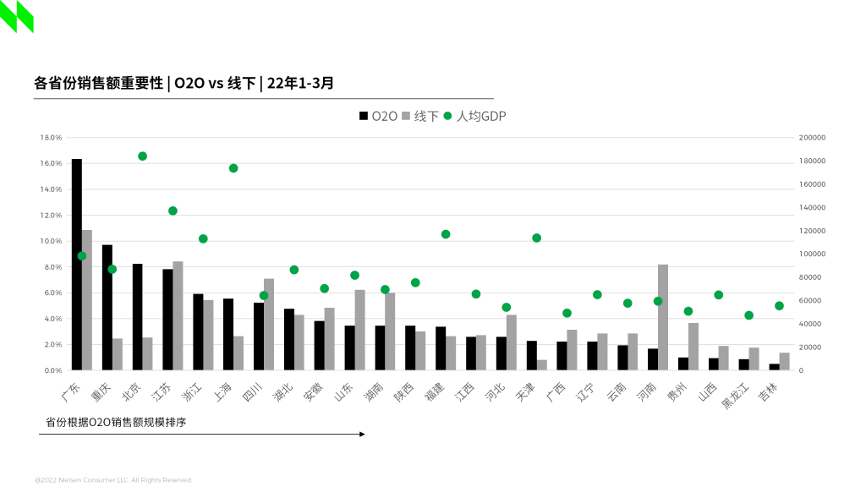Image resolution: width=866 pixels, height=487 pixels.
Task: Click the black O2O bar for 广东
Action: tap(76, 264)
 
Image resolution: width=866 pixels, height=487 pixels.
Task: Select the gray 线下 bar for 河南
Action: tap(663, 317)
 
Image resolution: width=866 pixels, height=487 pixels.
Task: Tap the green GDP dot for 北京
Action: tap(142, 156)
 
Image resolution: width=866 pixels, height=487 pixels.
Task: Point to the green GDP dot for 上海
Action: tap(233, 168)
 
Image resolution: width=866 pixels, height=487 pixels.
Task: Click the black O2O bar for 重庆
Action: tap(107, 307)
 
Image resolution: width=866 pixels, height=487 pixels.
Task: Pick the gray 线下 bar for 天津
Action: tap(541, 364)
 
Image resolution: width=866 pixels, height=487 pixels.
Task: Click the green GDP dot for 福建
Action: tap(446, 234)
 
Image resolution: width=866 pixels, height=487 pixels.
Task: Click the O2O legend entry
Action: tap(379, 116)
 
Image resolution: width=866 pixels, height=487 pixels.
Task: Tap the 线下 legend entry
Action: tap(420, 116)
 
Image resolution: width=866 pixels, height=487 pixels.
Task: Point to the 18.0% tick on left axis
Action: tap(52, 137)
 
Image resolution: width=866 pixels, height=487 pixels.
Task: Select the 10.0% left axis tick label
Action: tap(52, 241)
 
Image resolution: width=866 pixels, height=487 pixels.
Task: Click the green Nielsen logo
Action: tap(17, 16)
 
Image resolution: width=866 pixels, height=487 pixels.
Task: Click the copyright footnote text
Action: tap(113, 479)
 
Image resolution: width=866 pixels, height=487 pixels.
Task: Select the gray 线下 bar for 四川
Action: tap(269, 324)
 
